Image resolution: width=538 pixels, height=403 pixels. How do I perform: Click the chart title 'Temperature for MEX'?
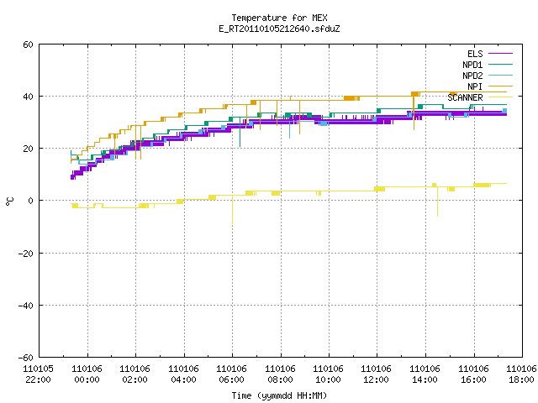click(x=279, y=18)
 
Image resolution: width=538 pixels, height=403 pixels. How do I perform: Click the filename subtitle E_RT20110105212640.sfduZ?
click(x=279, y=29)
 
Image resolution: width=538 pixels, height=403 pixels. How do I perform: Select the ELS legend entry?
click(x=489, y=54)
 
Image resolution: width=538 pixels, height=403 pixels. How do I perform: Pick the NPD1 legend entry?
click(x=488, y=65)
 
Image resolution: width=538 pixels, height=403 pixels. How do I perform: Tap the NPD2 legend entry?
click(x=488, y=76)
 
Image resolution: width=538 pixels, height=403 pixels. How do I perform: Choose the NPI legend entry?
click(x=489, y=86)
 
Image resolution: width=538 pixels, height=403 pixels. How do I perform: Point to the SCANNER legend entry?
click(x=480, y=97)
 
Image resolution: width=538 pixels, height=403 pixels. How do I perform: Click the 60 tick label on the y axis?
click(x=28, y=44)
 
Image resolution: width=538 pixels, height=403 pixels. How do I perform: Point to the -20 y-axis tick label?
click(x=25, y=254)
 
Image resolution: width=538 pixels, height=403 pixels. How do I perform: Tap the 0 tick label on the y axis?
click(x=31, y=201)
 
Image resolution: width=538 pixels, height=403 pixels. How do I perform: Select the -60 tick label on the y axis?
click(x=25, y=358)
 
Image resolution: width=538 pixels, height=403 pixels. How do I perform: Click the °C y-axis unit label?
click(x=9, y=201)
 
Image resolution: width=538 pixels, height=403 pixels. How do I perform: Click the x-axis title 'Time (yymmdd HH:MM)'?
click(x=279, y=395)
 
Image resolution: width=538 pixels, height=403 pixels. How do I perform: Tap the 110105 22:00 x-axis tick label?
click(x=38, y=374)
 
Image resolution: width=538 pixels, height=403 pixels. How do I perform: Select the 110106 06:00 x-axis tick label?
click(x=232, y=374)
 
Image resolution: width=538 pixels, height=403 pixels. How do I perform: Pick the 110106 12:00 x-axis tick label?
click(x=377, y=374)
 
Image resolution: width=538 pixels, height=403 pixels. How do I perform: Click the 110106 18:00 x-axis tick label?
click(x=521, y=374)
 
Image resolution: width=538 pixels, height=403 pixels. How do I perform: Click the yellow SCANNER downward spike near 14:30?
click(x=437, y=201)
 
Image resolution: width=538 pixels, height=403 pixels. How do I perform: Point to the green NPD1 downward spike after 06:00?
click(x=240, y=134)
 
